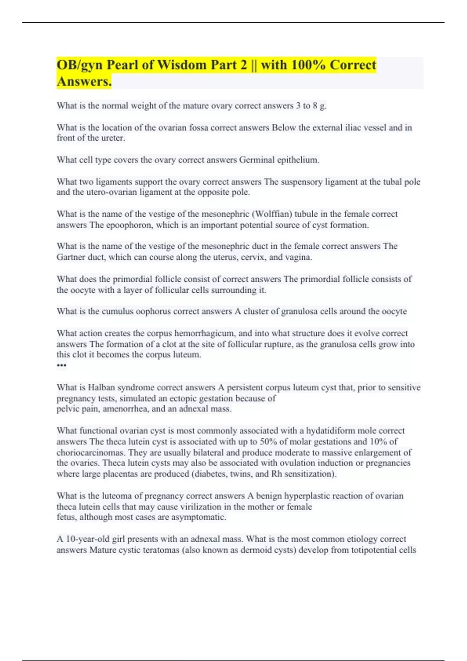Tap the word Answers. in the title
click(84, 82)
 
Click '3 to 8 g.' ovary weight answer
click(312, 106)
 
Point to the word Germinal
click(256, 160)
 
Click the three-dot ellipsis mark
click(61, 365)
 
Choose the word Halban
click(101, 387)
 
